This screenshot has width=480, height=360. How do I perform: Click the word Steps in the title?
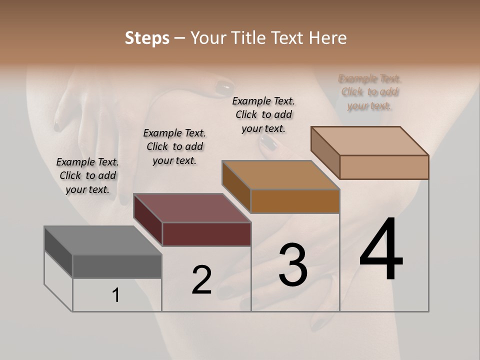tap(147, 38)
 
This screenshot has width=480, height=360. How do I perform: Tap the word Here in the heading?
tap(328, 38)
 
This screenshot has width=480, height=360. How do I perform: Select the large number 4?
tap(381, 250)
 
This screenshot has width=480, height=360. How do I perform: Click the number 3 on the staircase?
tap(293, 264)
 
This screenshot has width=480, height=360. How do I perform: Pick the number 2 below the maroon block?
tap(201, 280)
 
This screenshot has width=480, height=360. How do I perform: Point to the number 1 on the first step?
tap(116, 295)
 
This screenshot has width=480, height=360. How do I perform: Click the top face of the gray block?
tap(102, 240)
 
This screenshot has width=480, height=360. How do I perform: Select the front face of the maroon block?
tap(206, 234)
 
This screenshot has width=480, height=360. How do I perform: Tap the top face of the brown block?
tap(280, 175)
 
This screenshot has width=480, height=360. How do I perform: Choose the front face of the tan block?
tap(384, 167)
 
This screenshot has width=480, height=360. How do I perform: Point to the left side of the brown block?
tap(236, 186)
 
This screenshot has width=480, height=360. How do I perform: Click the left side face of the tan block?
tap(325, 152)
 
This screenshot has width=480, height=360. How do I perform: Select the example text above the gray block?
tap(87, 175)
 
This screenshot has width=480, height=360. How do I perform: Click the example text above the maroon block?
tap(174, 146)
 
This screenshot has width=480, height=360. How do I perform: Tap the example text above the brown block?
tap(263, 114)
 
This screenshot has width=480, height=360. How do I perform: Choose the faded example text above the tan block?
tap(369, 92)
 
